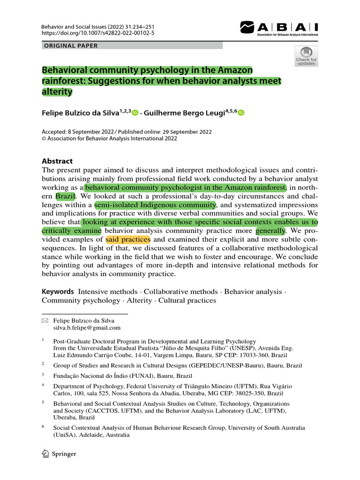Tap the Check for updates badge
point(306,57)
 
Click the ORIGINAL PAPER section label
point(70,45)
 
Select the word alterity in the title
point(57,92)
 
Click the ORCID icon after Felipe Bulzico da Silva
point(135,112)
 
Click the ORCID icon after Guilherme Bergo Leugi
point(241,112)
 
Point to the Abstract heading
point(57,161)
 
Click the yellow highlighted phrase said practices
point(127,240)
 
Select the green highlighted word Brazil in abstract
point(65,196)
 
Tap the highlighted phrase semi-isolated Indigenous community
point(155,205)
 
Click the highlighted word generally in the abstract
point(270,231)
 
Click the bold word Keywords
point(58,292)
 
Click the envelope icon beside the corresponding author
point(45,320)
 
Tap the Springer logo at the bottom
point(59,454)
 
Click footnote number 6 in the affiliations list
point(43,427)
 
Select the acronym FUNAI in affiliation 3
point(140,375)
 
